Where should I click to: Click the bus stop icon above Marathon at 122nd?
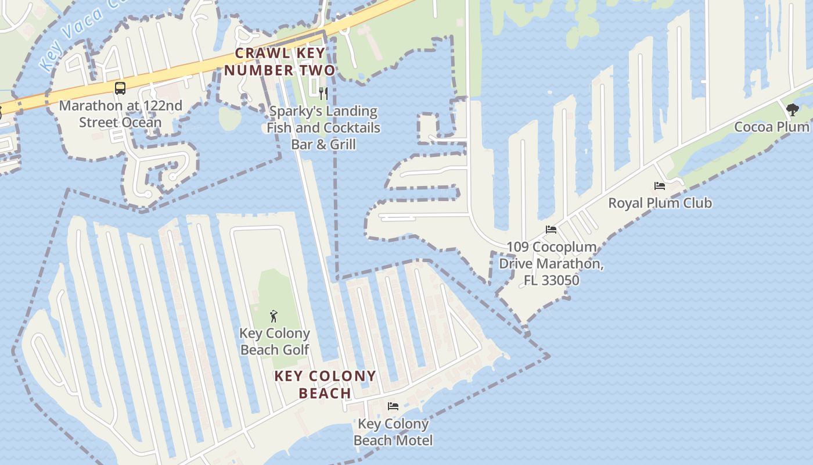tap(120, 88)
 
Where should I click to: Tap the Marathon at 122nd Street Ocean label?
tap(120, 114)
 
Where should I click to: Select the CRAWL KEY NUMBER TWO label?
tap(280, 62)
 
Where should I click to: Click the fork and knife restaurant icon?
tap(323, 93)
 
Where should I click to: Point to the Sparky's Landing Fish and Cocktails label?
tap(323, 127)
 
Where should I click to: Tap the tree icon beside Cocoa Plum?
tap(792, 109)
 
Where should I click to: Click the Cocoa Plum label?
tap(772, 127)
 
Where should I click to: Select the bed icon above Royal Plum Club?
tap(660, 186)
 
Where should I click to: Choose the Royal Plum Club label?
tap(660, 203)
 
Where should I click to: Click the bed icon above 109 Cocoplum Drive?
tap(551, 230)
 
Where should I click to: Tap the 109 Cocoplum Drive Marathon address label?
tap(551, 263)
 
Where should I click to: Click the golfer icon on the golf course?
tap(274, 316)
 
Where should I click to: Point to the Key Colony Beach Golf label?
tap(275, 341)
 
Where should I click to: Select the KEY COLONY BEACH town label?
tap(325, 384)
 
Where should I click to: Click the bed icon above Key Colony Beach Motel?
tap(393, 406)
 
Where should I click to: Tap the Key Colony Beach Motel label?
tap(393, 432)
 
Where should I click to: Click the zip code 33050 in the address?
tap(560, 280)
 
